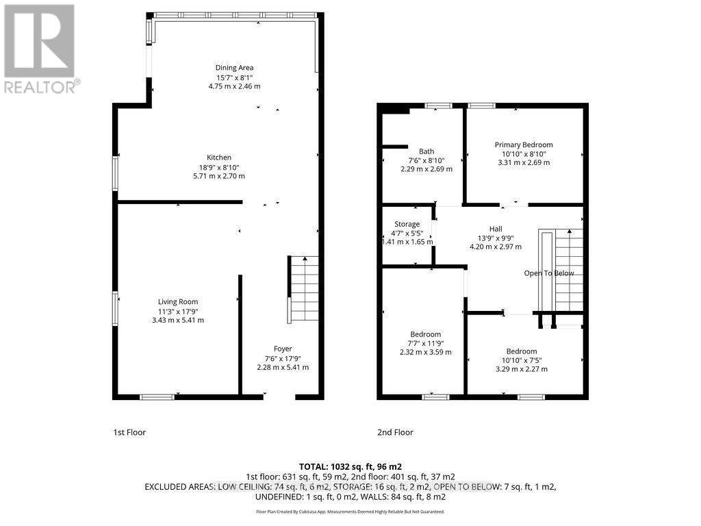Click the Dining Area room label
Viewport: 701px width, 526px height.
pos(235,68)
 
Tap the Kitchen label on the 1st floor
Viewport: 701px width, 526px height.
pos(219,158)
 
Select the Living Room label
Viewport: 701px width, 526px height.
pos(178,302)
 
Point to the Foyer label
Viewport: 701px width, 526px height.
pos(283,349)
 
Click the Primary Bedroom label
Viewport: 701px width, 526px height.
pos(524,145)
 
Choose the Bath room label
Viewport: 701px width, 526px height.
pos(426,151)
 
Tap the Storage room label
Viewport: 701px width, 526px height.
pos(407,224)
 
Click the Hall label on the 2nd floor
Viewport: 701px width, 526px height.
pos(495,229)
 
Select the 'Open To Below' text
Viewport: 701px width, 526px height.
pos(549,273)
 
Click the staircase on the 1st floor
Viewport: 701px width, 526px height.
pos(304,288)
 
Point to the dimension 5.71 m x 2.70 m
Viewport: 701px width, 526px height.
pos(219,176)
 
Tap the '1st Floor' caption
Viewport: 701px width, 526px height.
pos(129,432)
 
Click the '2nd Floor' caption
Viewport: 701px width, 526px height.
pos(395,432)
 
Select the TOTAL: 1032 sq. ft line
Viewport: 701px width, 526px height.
pos(350,466)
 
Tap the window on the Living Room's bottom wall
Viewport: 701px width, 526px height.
pos(157,397)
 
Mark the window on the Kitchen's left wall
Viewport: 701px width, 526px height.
pos(115,173)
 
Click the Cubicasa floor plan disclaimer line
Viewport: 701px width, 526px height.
pos(350,512)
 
